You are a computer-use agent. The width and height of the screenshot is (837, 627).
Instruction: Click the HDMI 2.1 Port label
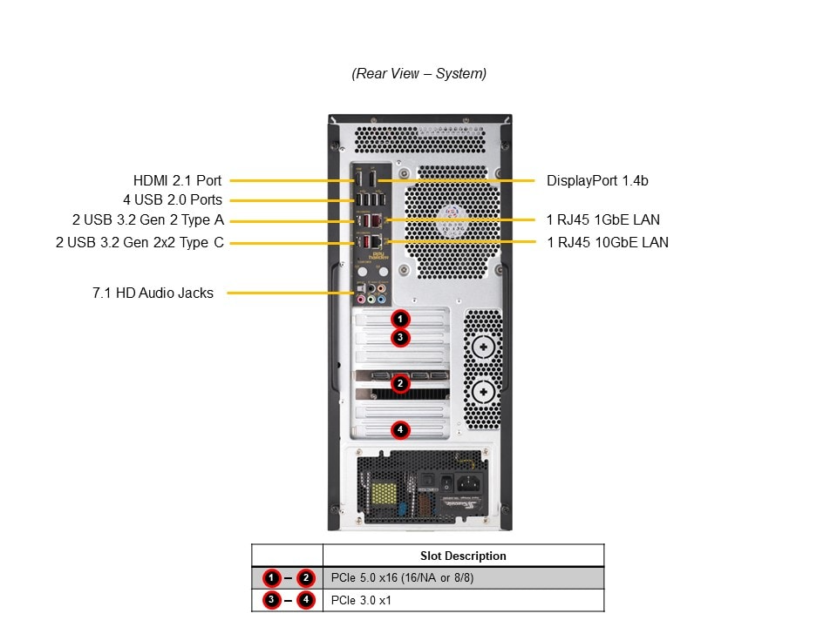pyautogui.click(x=177, y=181)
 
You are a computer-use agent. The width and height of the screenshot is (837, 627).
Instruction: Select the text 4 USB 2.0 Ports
pyautogui.click(x=172, y=200)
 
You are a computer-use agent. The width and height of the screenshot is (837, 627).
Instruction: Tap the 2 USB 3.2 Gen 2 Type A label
pyautogui.click(x=147, y=220)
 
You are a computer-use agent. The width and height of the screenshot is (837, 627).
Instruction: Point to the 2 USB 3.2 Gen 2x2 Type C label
pyautogui.click(x=139, y=242)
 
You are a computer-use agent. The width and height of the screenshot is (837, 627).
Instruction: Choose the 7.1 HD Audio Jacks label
pyautogui.click(x=153, y=293)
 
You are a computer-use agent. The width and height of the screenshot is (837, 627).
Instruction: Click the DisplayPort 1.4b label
pyautogui.click(x=597, y=181)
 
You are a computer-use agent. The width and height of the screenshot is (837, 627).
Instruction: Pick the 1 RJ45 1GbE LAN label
pyautogui.click(x=603, y=220)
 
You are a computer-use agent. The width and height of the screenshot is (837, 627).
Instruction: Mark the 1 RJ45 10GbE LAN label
pyautogui.click(x=608, y=242)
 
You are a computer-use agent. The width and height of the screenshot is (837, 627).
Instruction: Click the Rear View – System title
pyautogui.click(x=418, y=74)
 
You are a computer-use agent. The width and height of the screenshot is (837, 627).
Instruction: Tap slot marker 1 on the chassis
pyautogui.click(x=399, y=320)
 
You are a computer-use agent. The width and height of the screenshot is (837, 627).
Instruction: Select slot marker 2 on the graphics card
pyautogui.click(x=399, y=383)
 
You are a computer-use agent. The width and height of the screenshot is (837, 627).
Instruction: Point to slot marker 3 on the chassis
pyautogui.click(x=399, y=337)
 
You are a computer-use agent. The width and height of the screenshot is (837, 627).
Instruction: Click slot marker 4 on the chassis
pyautogui.click(x=399, y=429)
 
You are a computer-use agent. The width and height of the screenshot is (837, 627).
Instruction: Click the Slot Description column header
pyautogui.click(x=463, y=556)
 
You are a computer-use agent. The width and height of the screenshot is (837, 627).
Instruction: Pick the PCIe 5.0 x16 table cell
pyautogui.click(x=403, y=577)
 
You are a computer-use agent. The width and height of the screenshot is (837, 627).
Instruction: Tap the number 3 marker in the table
pyautogui.click(x=272, y=600)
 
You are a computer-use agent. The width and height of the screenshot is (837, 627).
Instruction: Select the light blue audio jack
pyautogui.click(x=382, y=299)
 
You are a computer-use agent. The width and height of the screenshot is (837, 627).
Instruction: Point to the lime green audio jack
pyautogui.click(x=371, y=299)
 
